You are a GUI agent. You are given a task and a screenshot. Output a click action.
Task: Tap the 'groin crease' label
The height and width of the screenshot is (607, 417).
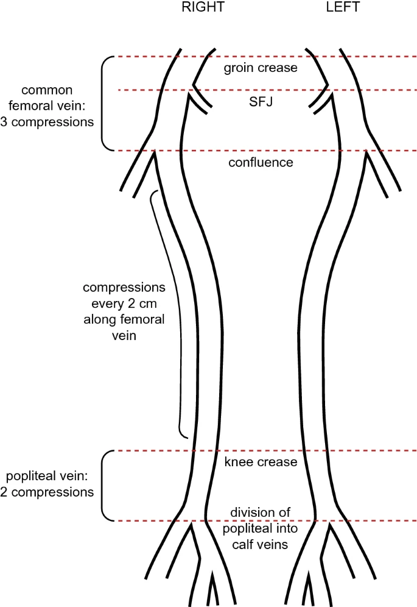click(261, 68)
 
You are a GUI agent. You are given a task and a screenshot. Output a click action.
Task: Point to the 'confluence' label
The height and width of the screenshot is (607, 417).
click(261, 163)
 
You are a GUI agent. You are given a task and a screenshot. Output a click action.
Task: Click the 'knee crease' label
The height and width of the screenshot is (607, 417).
click(261, 462)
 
